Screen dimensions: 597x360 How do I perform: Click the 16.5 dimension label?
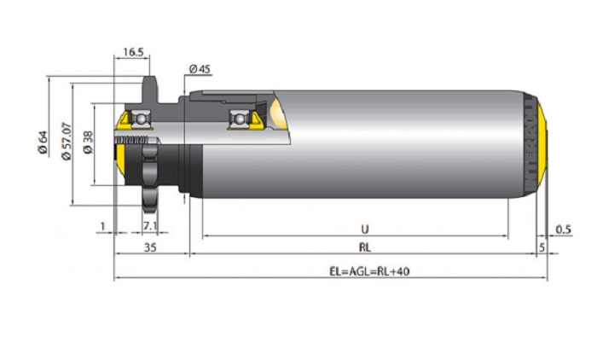pos(133,52)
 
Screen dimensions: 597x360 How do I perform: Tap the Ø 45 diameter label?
pos(200,69)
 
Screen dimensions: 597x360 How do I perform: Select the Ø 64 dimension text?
pos(43,142)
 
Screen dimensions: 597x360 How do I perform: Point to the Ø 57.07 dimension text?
pos(67,141)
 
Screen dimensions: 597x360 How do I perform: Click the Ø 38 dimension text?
pos(88,142)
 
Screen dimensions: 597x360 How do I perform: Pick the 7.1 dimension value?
pos(150,226)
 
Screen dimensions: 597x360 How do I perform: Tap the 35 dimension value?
pos(150,247)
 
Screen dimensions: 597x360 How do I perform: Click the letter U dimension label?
pos(365,229)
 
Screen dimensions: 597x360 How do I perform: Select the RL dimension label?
pos(365,247)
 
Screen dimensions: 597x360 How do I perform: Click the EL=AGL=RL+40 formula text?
pos(369,271)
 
